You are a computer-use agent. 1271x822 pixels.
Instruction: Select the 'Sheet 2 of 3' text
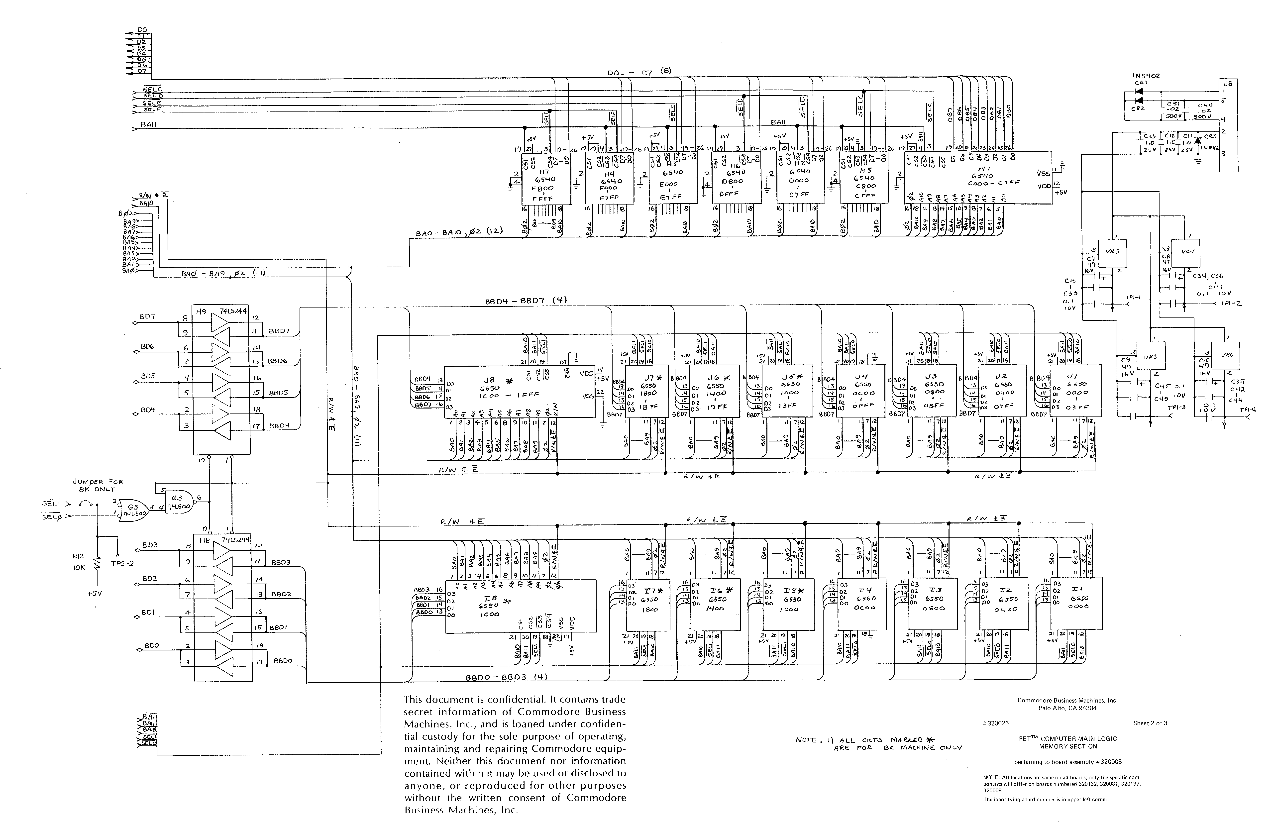click(1150, 723)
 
